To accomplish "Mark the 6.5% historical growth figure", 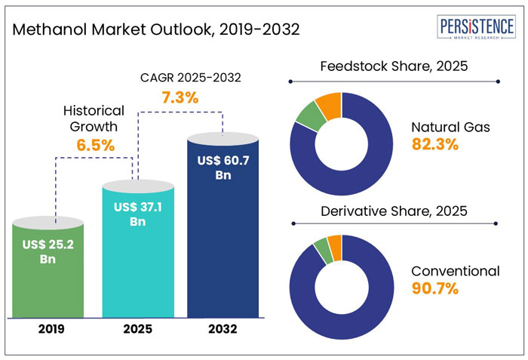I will [94, 146].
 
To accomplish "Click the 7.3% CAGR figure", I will [179, 97].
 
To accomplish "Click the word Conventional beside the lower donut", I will [456, 270].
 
